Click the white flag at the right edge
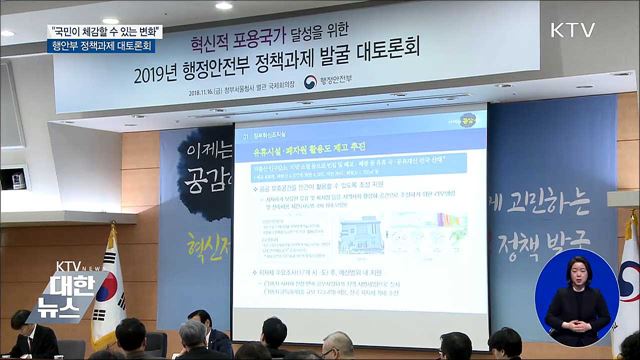(629, 280)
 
